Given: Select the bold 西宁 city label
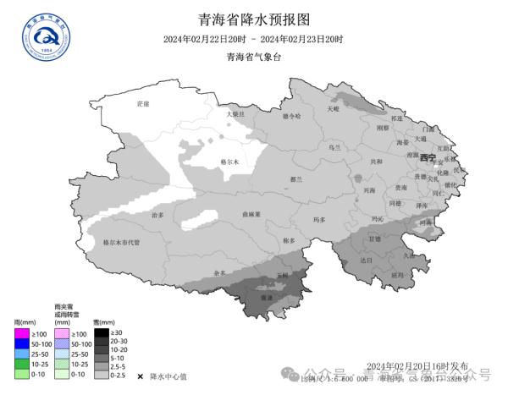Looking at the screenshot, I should click(x=428, y=158).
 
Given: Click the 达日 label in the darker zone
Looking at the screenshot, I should click(x=366, y=261).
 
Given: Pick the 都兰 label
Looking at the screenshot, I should click(x=296, y=179).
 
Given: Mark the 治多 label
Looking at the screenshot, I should click(x=157, y=216).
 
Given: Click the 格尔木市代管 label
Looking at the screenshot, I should click(x=121, y=242).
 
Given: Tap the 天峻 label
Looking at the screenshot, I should click(x=333, y=108).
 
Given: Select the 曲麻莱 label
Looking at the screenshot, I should click(x=251, y=215).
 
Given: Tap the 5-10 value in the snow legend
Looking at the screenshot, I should click(x=122, y=358).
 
